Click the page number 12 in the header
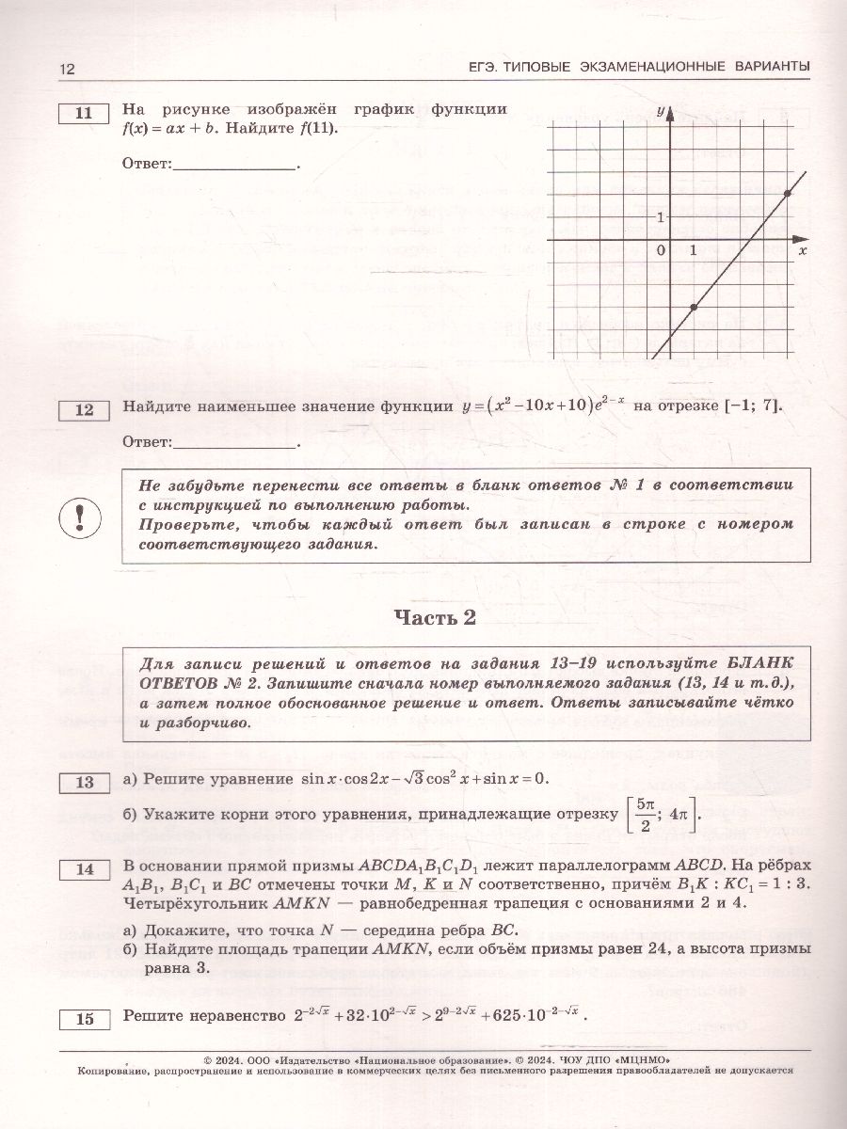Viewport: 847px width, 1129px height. [x=66, y=69]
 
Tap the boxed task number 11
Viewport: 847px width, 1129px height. [x=84, y=114]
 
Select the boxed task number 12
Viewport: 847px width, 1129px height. [x=84, y=409]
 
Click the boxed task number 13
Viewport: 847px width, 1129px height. [x=84, y=782]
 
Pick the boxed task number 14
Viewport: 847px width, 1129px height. [x=84, y=869]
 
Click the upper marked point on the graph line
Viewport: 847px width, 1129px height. [x=787, y=194]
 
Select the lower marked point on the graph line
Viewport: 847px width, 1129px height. [x=694, y=308]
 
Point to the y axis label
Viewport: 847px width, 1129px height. [x=661, y=111]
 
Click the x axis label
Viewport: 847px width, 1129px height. [x=802, y=251]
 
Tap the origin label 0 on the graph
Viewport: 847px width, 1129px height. [x=661, y=250]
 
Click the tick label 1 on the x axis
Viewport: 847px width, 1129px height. [x=694, y=250]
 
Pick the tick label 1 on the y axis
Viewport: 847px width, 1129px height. [x=661, y=217]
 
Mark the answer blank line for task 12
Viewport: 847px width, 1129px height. [x=234, y=442]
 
